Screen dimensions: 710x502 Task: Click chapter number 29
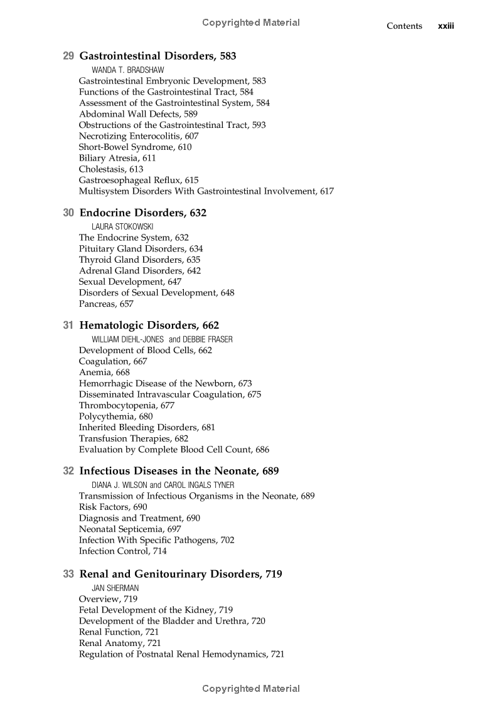(x=69, y=56)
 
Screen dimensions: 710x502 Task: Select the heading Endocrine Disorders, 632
(x=142, y=213)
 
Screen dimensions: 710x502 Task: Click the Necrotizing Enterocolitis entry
(x=130, y=136)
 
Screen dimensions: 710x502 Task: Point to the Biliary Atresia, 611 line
(x=117, y=158)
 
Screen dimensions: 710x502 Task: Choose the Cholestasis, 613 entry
(x=110, y=169)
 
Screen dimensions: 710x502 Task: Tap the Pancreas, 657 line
(x=106, y=304)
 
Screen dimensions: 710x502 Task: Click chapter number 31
(x=69, y=326)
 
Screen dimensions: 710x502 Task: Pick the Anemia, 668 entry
(x=104, y=373)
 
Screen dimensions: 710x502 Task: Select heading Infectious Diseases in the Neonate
(x=179, y=471)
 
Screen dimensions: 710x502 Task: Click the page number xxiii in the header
(x=446, y=26)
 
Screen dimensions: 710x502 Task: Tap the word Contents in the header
(x=404, y=26)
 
